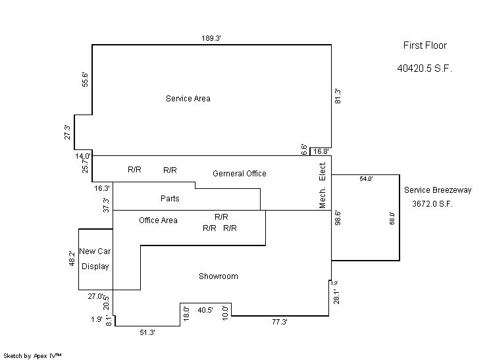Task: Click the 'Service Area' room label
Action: pos(188,99)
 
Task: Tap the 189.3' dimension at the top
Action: pos(211,39)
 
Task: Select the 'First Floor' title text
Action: pos(425,45)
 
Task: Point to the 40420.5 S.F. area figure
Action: pos(425,68)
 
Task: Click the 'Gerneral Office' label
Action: pos(240,174)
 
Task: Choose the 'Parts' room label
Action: pos(170,198)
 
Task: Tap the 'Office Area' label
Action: pos(158,220)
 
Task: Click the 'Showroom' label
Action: pos(219,276)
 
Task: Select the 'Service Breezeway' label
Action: pos(438,190)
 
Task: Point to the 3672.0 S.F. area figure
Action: pos(432,204)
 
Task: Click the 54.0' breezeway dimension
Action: pos(366,179)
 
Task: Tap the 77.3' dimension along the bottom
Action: pos(280,322)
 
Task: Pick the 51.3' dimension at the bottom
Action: pos(147,333)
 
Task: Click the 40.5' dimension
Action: pos(205,309)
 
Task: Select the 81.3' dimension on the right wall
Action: pos(338,96)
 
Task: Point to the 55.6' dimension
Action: pos(85,79)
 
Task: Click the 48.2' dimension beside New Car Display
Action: pos(72,259)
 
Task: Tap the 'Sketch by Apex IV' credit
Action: pos(32,355)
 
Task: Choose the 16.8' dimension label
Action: pos(321,151)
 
